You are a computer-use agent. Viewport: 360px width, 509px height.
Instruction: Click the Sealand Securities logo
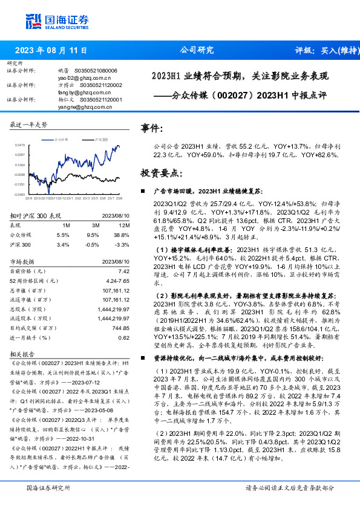point(57,22)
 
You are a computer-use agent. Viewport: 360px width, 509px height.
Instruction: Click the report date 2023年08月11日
point(51,51)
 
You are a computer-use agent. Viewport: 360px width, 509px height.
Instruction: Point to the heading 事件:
point(152,129)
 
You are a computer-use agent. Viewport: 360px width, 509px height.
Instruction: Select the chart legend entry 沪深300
point(100,139)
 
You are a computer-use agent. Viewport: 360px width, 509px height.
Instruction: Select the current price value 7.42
point(123,272)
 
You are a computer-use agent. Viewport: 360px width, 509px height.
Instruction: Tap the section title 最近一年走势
point(29,124)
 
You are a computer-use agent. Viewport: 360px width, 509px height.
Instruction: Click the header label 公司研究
point(197,51)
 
